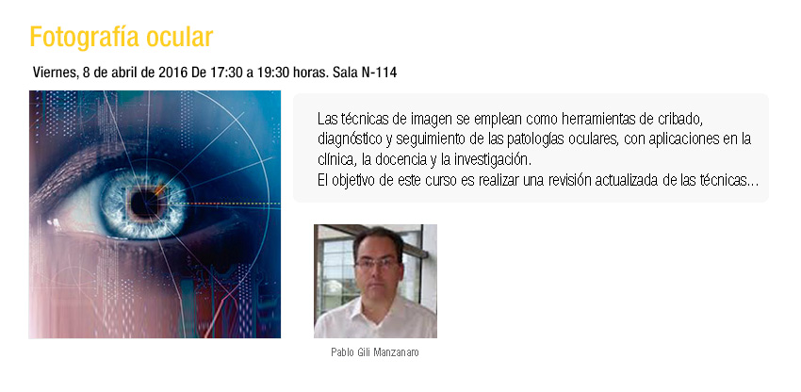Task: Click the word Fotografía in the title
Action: pos(84,37)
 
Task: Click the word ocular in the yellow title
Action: pos(179,37)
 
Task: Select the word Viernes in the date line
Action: pos(54,73)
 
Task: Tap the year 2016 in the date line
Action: pos(172,73)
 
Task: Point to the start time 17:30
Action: pos(226,73)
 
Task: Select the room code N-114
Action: pos(379,73)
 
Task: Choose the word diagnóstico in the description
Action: pos(347,139)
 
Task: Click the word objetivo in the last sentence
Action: pos(355,181)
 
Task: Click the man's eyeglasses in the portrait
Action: pos(377,264)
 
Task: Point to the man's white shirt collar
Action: pos(375,310)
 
